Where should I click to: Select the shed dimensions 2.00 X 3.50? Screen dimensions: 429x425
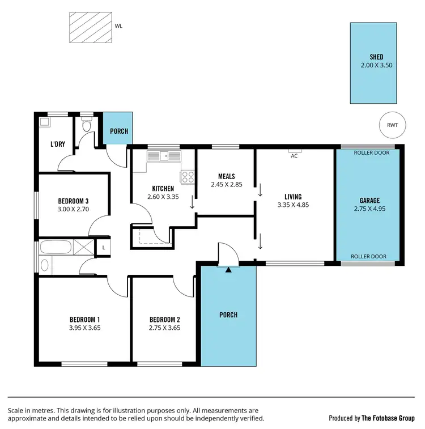coord(376,65)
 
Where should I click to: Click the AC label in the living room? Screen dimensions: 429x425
coord(294,156)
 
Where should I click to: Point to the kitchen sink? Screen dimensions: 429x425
coord(164,155)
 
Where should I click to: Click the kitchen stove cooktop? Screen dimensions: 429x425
coord(188,177)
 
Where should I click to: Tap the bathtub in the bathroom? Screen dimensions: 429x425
coord(56,248)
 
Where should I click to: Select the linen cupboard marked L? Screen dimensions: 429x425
coord(104,248)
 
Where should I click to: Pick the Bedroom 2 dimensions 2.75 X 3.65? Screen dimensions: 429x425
coord(164,328)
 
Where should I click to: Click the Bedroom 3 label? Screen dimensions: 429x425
coord(73,201)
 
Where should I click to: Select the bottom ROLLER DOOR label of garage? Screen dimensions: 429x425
coord(368,257)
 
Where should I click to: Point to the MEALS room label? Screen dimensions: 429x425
coord(226,176)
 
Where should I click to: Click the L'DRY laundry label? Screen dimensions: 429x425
coord(58,144)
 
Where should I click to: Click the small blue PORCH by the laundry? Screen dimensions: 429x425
coord(118,131)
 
